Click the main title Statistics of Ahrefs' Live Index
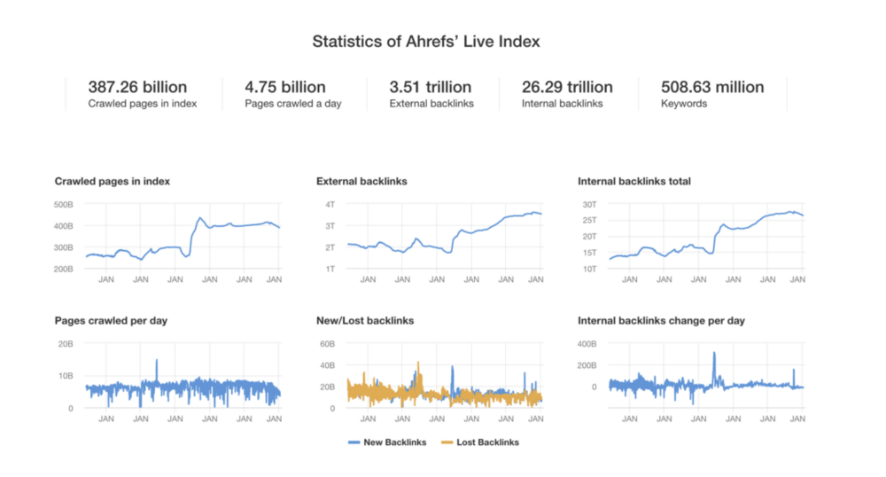tap(426, 42)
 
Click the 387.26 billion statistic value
tap(137, 87)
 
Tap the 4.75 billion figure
tap(285, 87)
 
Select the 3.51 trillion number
tap(431, 87)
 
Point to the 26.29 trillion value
tap(567, 87)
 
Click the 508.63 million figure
tap(712, 87)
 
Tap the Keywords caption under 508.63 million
tap(685, 104)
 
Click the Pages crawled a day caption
tap(293, 104)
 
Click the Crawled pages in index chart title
tap(113, 182)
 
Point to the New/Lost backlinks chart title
tap(365, 320)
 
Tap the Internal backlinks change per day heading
tap(661, 320)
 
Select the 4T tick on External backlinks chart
tap(330, 205)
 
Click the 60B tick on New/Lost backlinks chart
tap(328, 344)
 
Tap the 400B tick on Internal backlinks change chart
tap(589, 344)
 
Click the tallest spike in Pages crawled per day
tap(157, 361)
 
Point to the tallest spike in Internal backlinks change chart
tap(714, 354)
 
